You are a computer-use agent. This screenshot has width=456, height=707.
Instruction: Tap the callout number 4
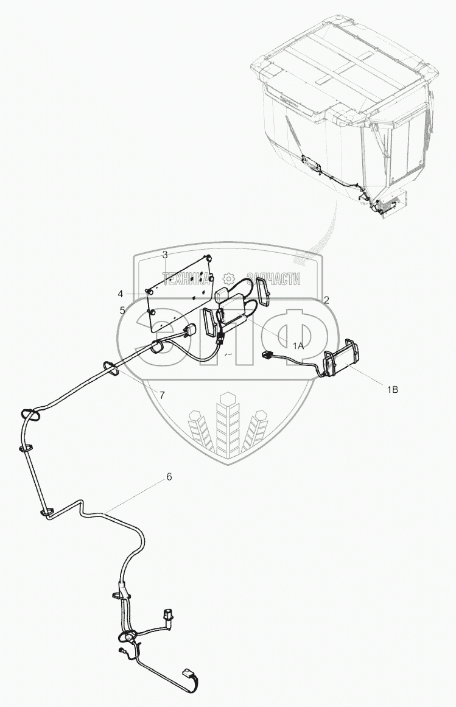(121, 293)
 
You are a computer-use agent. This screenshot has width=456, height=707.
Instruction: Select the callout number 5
(122, 310)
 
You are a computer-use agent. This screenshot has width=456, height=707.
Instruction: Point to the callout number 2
(326, 300)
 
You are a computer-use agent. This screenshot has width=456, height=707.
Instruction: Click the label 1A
(298, 345)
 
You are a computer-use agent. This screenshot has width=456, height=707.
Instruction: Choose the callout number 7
(161, 395)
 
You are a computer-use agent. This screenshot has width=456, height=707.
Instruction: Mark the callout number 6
(169, 477)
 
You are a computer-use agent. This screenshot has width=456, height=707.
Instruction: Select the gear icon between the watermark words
(231, 278)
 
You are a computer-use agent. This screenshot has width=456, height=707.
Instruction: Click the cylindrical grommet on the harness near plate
(156, 348)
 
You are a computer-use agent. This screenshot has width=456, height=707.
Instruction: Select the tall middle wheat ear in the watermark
(228, 426)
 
